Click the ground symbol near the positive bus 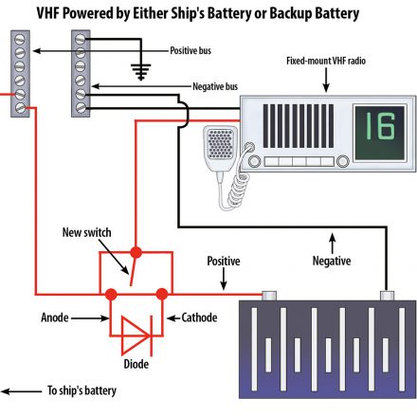point(141,72)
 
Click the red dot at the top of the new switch point(136,252)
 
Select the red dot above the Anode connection point(111,294)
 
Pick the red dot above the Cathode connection point(162,294)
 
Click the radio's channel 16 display point(379,133)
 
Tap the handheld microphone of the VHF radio point(220,150)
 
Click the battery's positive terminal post point(269,296)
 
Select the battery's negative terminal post point(387,296)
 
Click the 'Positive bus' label point(190,50)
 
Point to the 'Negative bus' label point(215,86)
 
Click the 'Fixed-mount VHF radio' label point(326,61)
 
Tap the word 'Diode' point(136,364)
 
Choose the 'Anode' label point(55,317)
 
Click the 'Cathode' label point(199,317)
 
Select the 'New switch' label point(86,232)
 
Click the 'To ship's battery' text point(82,390)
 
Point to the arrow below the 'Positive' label point(224,279)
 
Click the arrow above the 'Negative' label point(332,244)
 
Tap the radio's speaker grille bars point(299,126)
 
